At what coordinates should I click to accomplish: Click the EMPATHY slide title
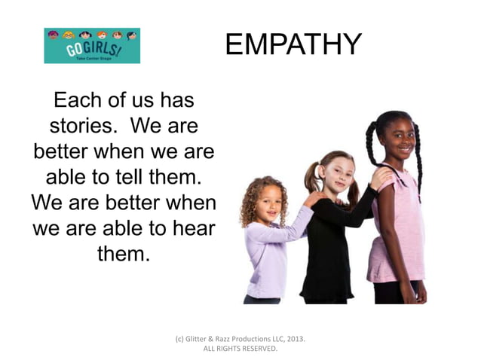(x=293, y=44)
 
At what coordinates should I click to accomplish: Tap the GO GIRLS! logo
(x=91, y=46)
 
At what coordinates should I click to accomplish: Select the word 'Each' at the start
(x=79, y=99)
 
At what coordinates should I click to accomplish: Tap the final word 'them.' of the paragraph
(x=124, y=255)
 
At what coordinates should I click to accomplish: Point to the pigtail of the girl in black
(x=311, y=177)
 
